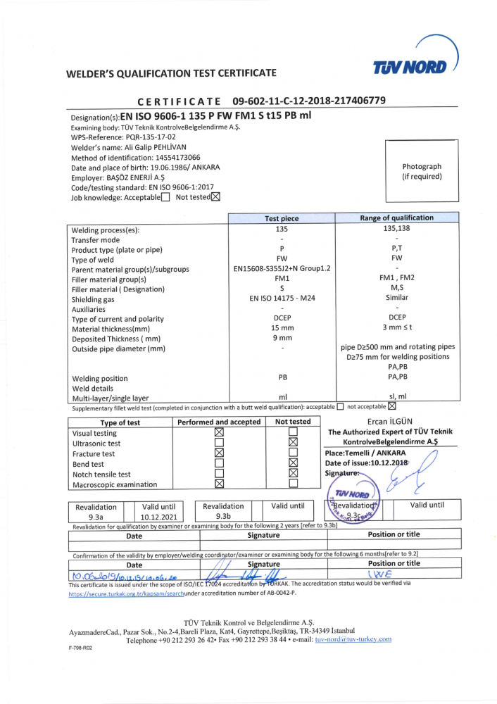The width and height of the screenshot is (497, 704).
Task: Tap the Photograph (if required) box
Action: tap(422, 171)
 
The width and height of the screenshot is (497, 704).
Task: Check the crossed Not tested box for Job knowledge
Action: tap(215, 197)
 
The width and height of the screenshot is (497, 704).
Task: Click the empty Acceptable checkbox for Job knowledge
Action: tap(165, 197)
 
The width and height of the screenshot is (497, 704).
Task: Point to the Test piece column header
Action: tap(281, 218)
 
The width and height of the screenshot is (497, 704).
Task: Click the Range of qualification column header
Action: tap(397, 218)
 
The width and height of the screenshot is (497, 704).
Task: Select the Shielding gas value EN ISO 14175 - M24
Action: tap(282, 298)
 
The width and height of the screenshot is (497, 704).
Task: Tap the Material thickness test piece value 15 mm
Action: tap(282, 328)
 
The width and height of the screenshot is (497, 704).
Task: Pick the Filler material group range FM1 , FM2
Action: tap(397, 278)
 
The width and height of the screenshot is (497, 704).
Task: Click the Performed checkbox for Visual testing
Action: tap(219, 432)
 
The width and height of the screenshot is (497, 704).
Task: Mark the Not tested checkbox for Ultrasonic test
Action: tap(294, 443)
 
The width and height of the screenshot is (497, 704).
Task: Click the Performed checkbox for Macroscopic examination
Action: tap(219, 484)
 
